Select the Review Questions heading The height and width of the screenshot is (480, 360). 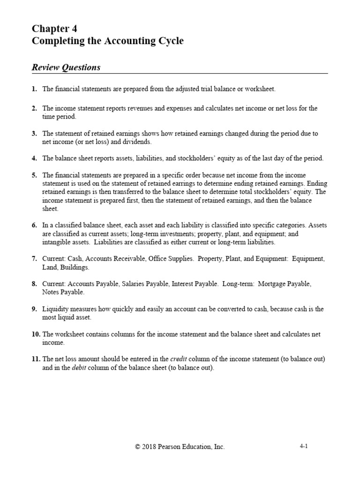tap(66, 67)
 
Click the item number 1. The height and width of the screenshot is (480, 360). tap(34, 89)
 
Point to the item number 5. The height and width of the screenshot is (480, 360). tap(34, 175)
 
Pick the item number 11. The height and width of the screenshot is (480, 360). tap(36, 359)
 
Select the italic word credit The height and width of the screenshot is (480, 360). tap(179, 359)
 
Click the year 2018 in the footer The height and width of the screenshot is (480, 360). tap(150, 447)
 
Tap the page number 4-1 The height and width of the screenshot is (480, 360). tap(303, 447)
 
